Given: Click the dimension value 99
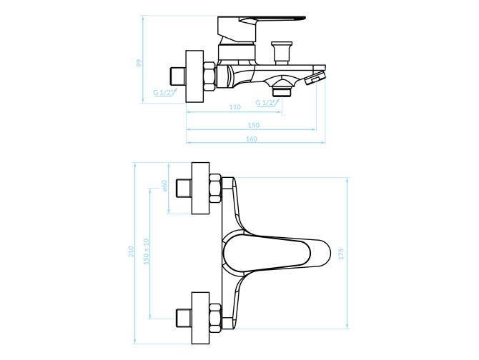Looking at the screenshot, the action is tap(139, 63).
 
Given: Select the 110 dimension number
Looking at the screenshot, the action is tap(235, 107).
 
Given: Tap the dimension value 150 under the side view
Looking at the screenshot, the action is tap(254, 125).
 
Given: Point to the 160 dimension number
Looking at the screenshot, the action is tap(252, 139).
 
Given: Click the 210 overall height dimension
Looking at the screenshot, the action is tap(131, 251).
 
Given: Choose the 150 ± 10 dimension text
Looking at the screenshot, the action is tap(147, 251).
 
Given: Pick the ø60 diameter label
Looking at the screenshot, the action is tap(164, 186).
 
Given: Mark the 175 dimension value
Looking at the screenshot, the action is tap(341, 254).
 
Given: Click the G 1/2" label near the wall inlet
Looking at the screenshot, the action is tap(164, 92).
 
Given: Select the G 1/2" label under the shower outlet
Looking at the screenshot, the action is tap(266, 103).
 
